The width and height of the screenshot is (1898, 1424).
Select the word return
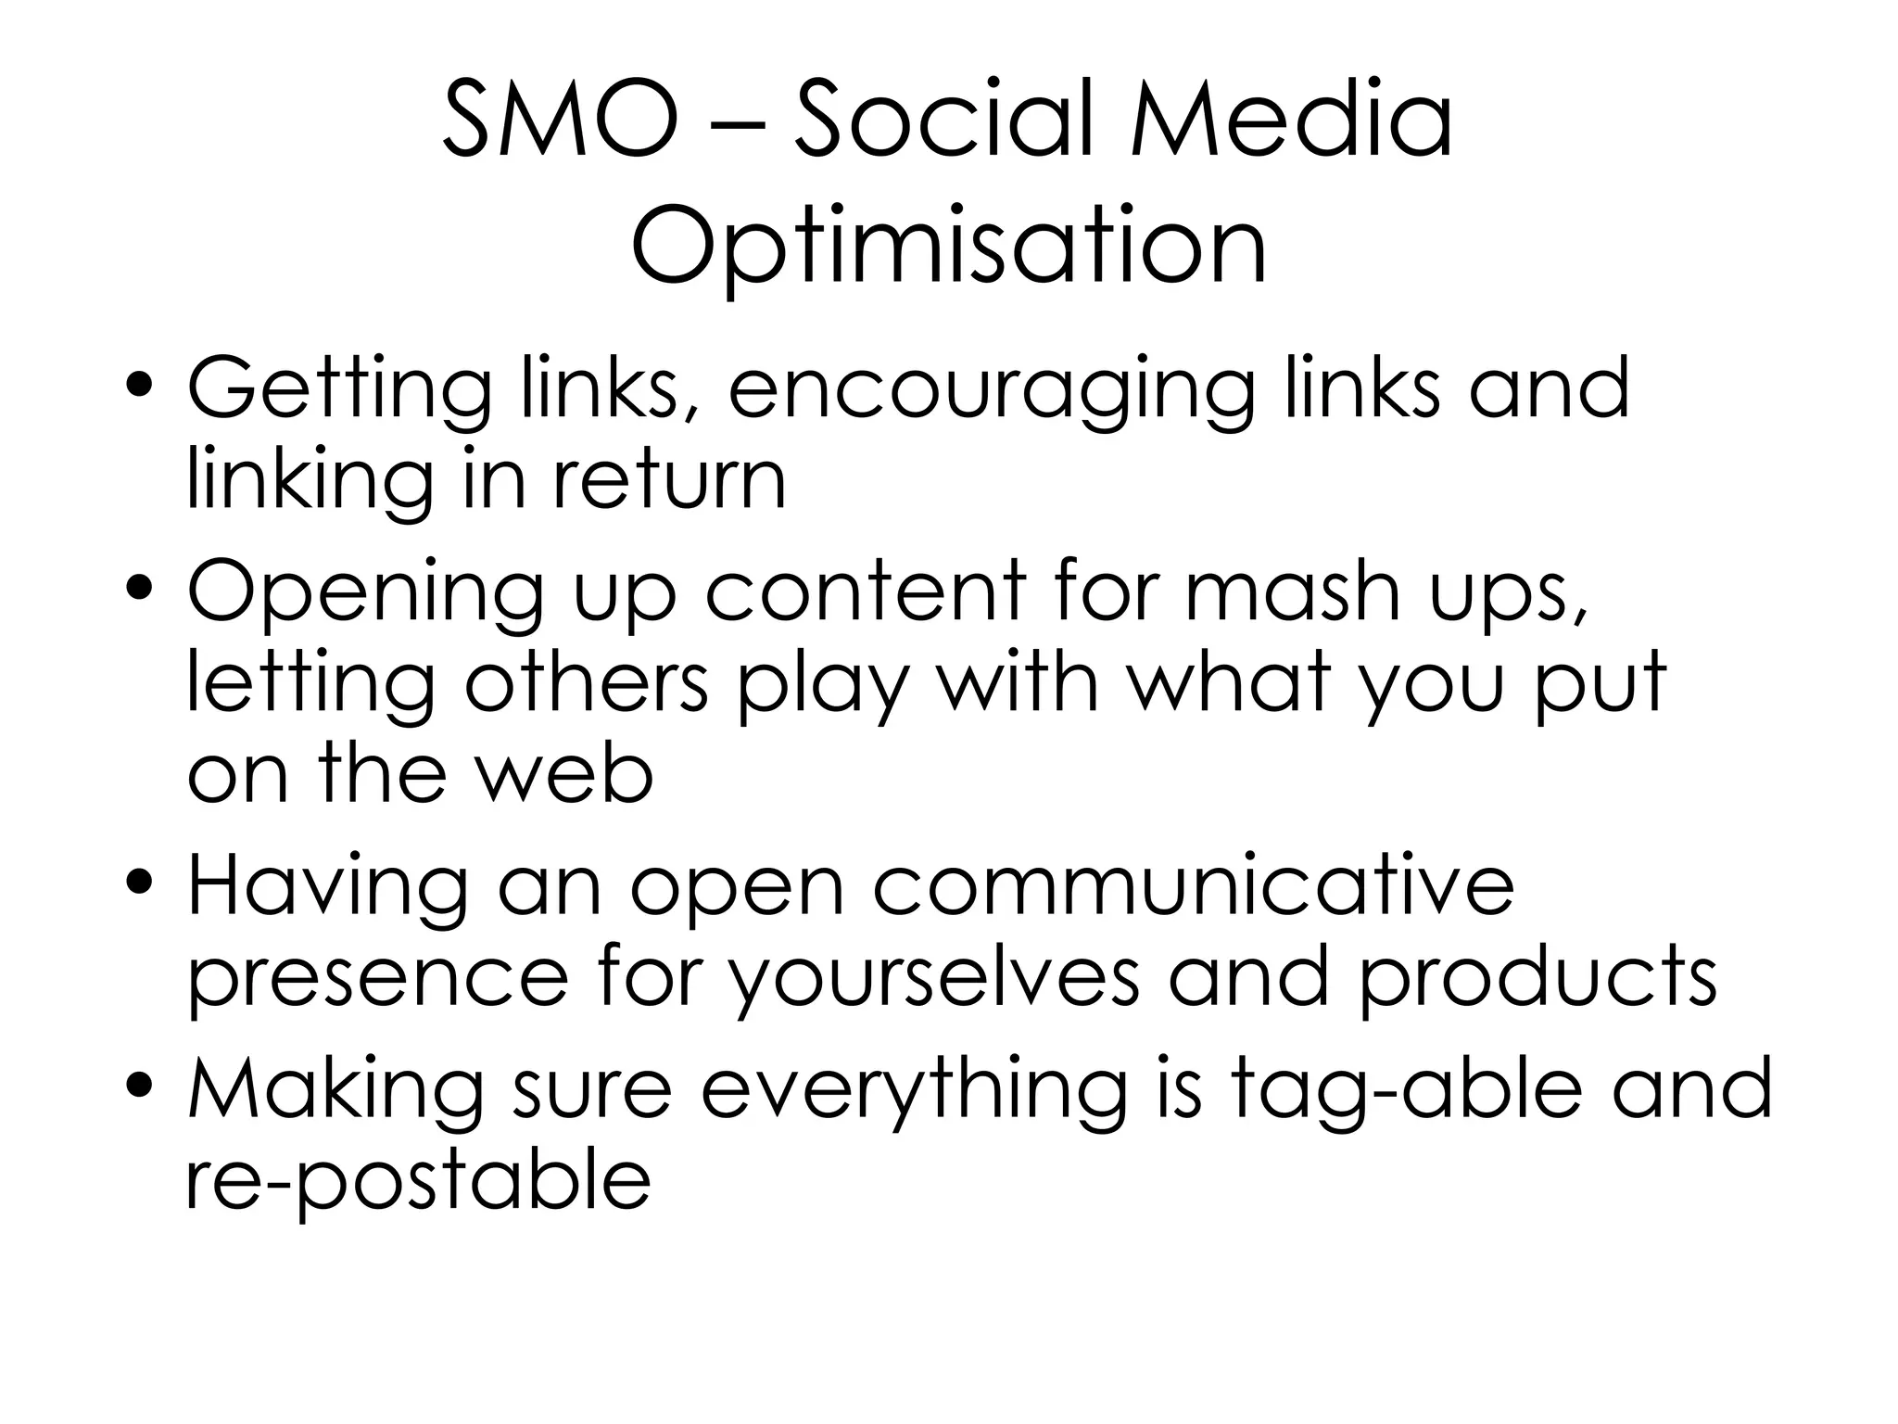pyautogui.click(x=670, y=481)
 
